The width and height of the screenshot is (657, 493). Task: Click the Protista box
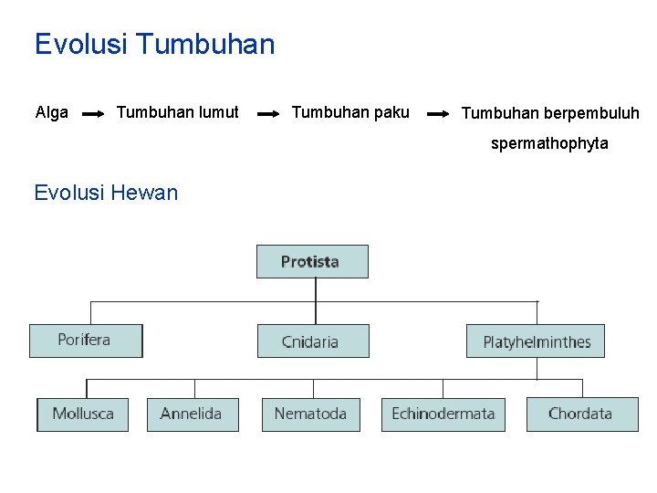[x=312, y=261]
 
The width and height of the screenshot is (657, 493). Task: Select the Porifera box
[x=86, y=341]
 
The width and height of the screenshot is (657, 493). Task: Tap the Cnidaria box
[x=312, y=341]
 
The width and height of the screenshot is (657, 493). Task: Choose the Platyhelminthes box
[x=536, y=341]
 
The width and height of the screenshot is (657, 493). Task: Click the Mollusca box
[x=82, y=414]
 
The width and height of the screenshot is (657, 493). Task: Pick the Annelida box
[x=192, y=414]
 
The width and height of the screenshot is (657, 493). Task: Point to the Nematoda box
[x=310, y=414]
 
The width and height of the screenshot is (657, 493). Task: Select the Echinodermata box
[x=443, y=414]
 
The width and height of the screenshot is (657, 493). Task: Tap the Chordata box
[x=581, y=414]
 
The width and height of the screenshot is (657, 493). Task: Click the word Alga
[x=52, y=112]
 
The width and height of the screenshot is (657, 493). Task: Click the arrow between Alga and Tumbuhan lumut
[x=93, y=114]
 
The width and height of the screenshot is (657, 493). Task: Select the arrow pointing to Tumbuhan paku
[x=267, y=114]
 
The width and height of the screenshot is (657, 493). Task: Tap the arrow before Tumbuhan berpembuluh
[x=438, y=114]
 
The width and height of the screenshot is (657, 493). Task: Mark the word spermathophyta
[x=549, y=143]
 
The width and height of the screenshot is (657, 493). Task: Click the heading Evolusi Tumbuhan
[x=154, y=44]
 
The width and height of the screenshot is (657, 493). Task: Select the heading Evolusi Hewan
[x=106, y=192]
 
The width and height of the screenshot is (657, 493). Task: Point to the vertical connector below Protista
[x=316, y=300]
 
